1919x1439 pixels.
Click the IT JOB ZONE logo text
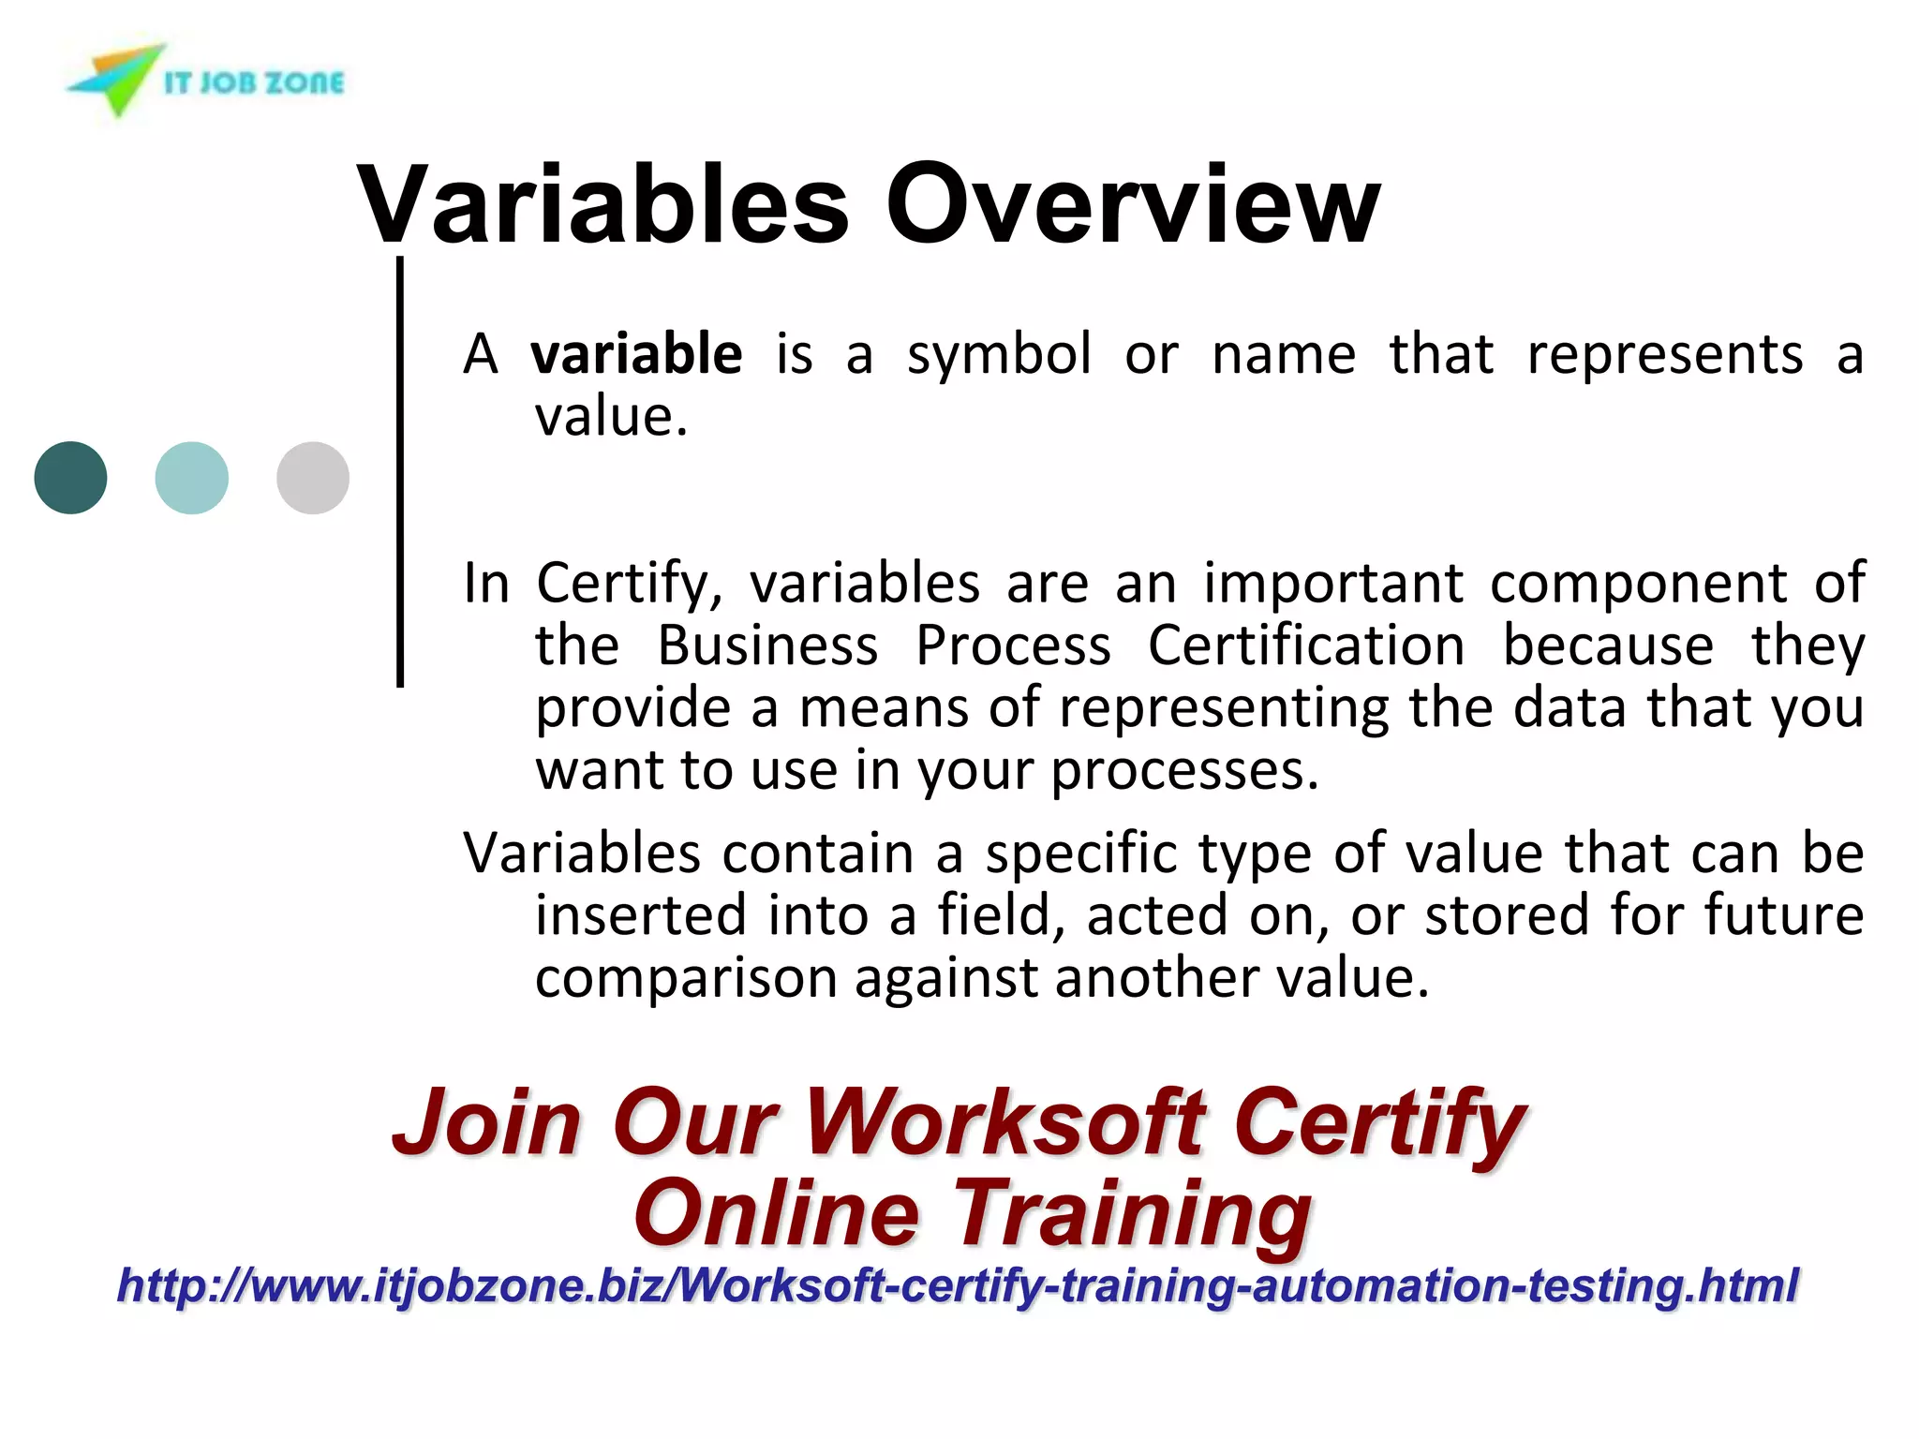coord(254,82)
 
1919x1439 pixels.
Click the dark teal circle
coord(70,478)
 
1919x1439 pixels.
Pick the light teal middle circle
coord(191,478)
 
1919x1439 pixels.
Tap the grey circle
coord(313,478)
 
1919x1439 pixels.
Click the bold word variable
coord(636,354)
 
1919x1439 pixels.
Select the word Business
coord(767,645)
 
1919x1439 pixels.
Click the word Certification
coord(1306,645)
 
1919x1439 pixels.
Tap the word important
coord(1332,583)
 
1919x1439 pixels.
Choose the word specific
coord(1080,855)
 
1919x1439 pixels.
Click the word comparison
coord(685,978)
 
